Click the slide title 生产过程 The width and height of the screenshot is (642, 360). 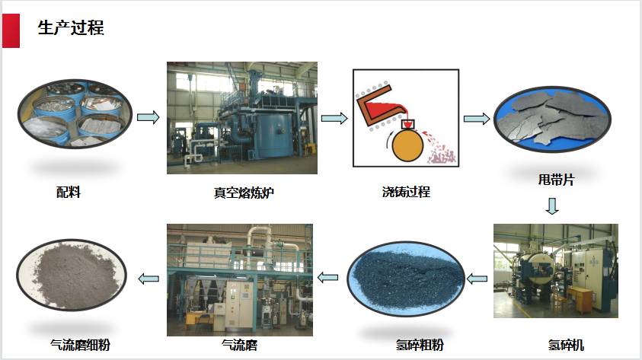pos(71,28)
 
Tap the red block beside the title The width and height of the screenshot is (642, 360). pos(11,30)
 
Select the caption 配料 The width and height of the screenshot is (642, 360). pos(69,192)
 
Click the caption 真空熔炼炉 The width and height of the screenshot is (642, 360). pos(244,193)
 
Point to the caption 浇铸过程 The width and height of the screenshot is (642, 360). pos(406,192)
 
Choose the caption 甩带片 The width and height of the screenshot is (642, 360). pos(556,179)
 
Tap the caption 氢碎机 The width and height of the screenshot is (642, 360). pos(565,345)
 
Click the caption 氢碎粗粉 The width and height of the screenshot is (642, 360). pos(420,345)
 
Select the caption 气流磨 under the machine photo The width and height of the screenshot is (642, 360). pos(240,345)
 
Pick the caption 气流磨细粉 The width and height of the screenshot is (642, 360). pos(80,345)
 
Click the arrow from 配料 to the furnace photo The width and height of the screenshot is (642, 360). pos(148,117)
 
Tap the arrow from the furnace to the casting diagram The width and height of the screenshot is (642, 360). pos(334,118)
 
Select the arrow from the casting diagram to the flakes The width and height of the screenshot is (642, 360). pos(477,119)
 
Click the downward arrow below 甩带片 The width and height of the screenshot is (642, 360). pos(552,206)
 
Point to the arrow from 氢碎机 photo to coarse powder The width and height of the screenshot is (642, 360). pos(477,279)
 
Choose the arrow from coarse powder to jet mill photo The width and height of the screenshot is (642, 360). pos(328,277)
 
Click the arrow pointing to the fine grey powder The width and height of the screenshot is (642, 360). pos(149,279)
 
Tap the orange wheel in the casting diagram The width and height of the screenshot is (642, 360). pos(407,145)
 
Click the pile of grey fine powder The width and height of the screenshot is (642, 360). pos(74,275)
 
